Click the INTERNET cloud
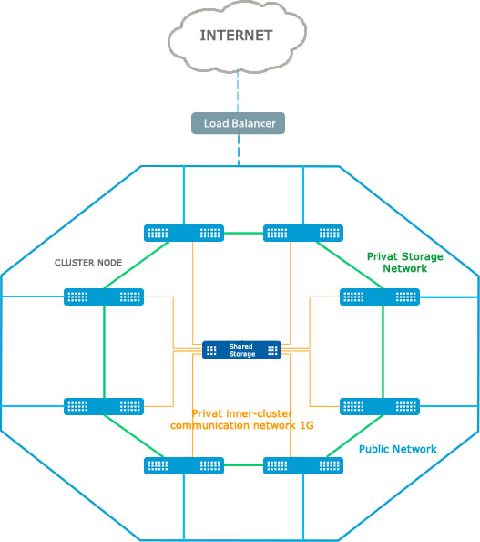237,36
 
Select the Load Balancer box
238,123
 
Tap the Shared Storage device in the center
241,349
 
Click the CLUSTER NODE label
88,263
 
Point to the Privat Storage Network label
404,263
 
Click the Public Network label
397,449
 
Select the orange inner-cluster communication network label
242,420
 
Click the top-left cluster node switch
184,233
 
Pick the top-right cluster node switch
303,233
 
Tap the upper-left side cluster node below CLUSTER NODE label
104,297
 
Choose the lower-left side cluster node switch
104,406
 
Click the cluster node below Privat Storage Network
380,297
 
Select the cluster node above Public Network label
380,406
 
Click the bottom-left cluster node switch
184,465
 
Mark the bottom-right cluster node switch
303,465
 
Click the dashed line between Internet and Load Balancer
238,93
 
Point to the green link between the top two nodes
243,234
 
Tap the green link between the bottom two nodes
243,465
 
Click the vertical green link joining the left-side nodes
104,351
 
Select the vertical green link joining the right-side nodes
383,351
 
